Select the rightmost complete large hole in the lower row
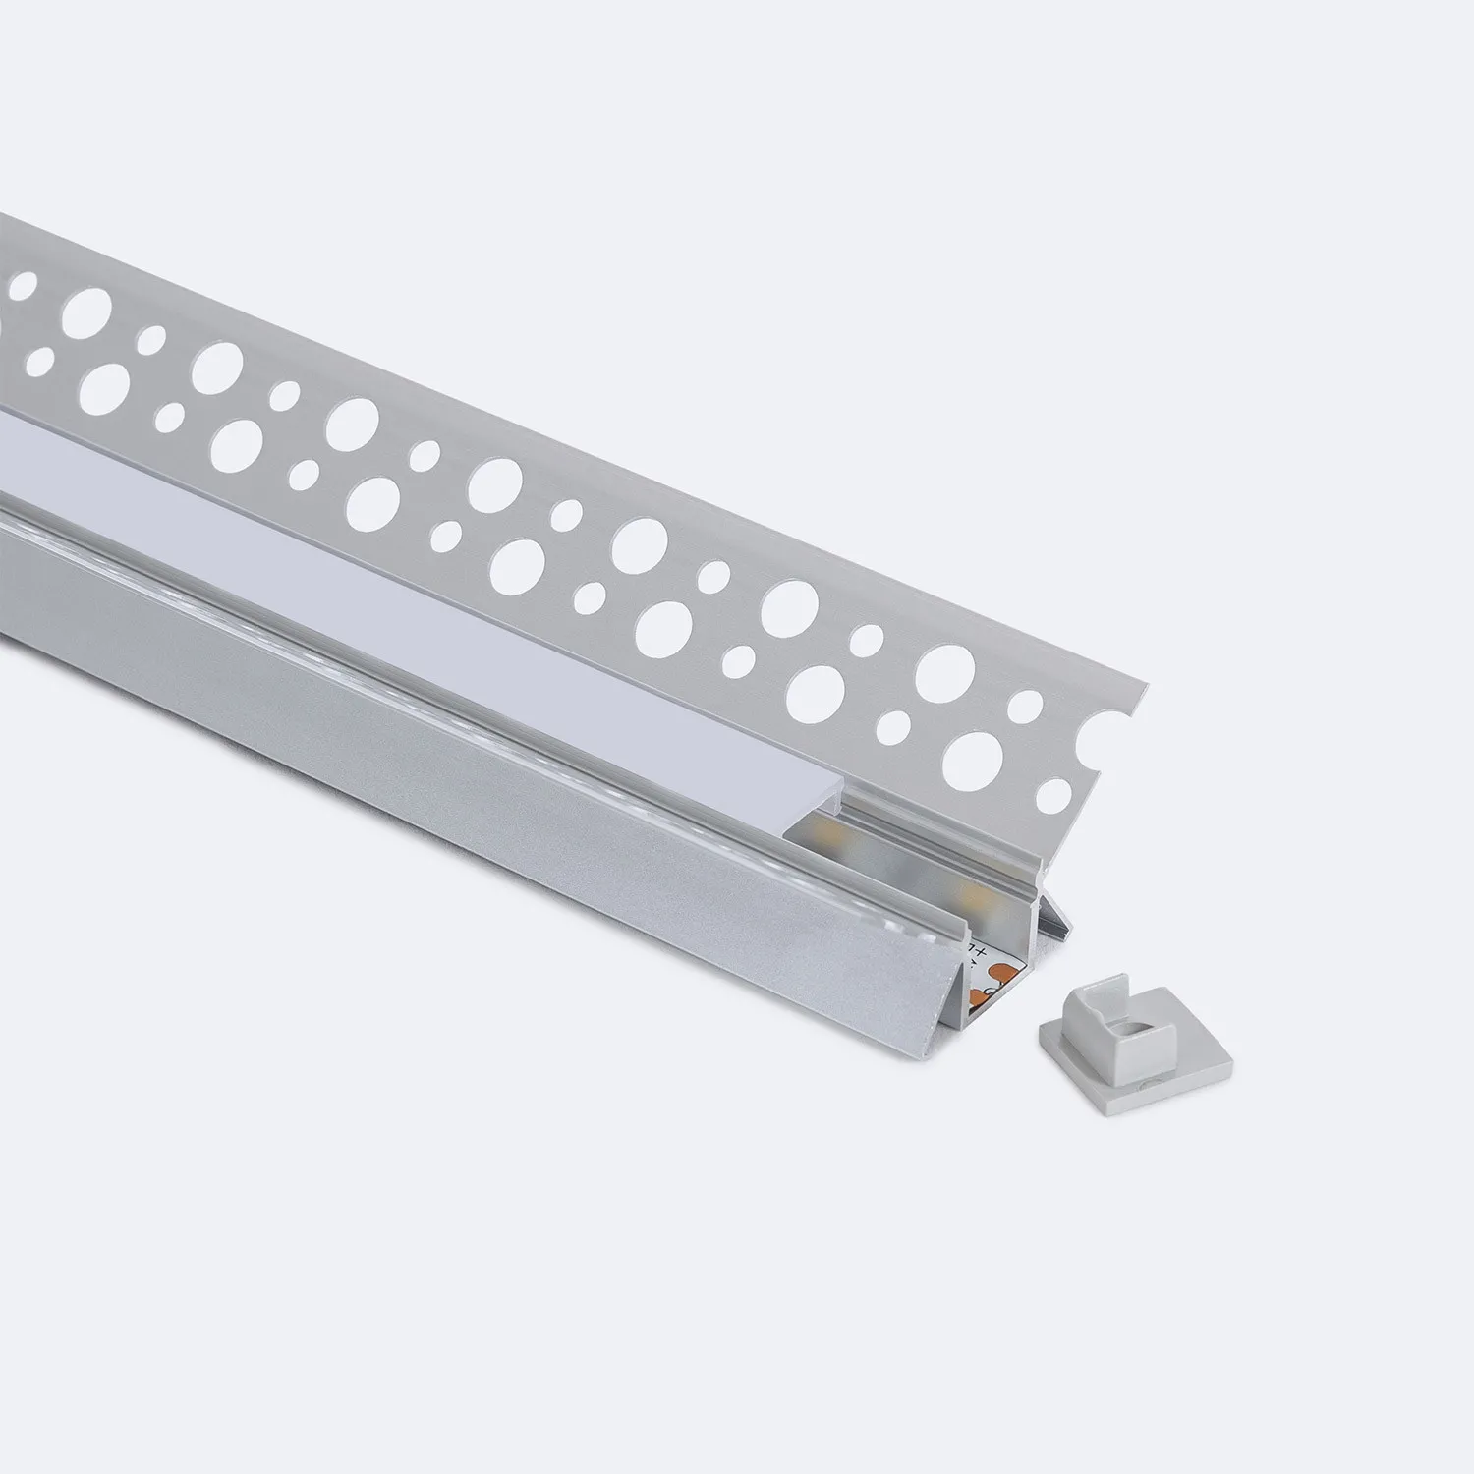point(975,757)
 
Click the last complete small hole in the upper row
point(1025,706)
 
